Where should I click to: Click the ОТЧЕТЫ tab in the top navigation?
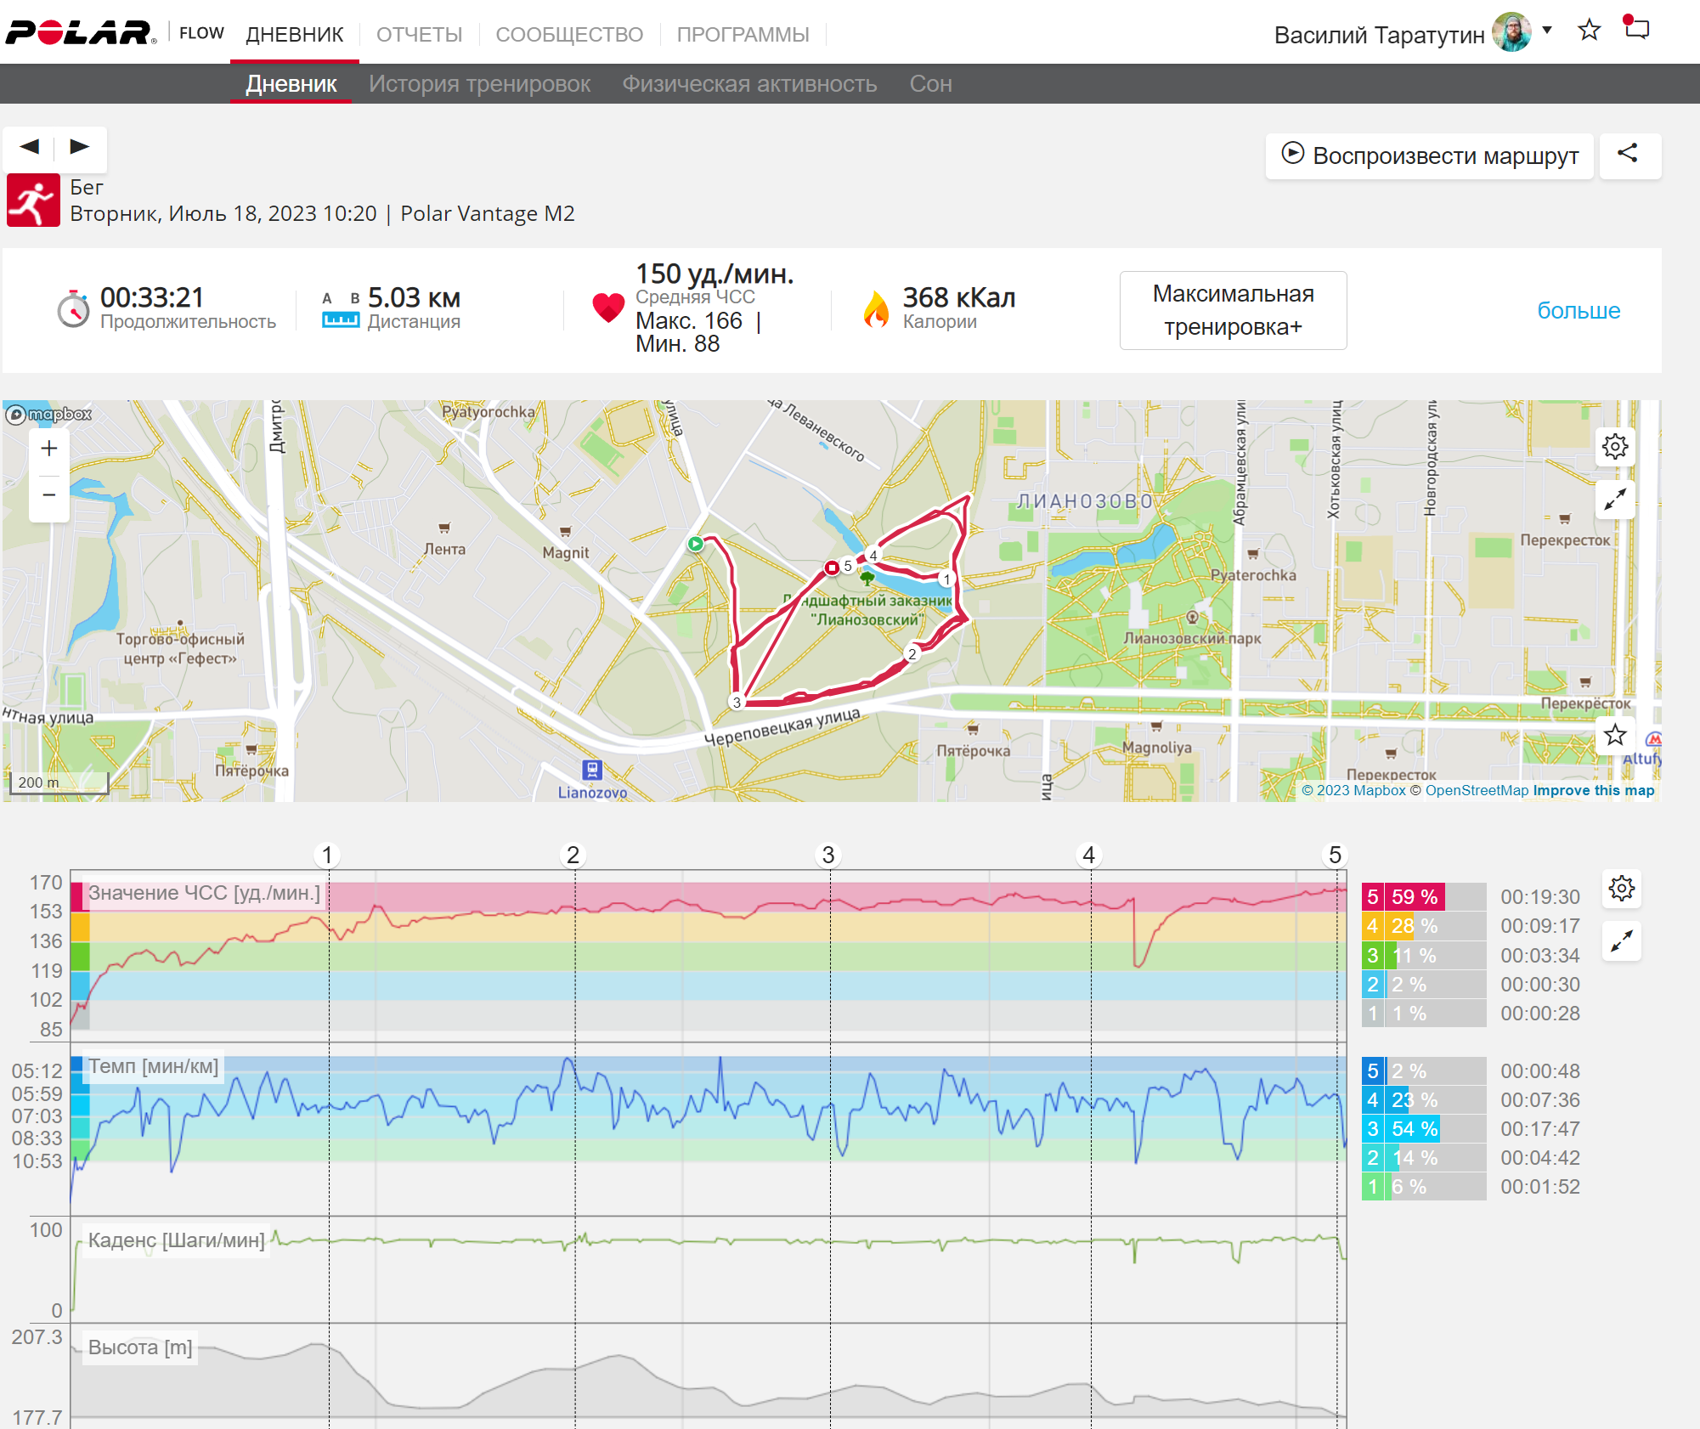tap(419, 35)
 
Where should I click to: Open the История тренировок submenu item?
tap(479, 84)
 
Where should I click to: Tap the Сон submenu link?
tap(930, 84)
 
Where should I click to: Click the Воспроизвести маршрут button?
tap(1429, 155)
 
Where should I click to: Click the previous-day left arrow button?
tap(30, 146)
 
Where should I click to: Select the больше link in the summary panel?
tap(1579, 310)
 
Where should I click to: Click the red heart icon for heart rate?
tap(608, 308)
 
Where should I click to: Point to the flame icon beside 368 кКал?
tap(876, 309)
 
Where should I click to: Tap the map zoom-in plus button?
tap(49, 448)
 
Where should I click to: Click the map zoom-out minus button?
tap(49, 494)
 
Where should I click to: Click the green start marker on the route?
tap(696, 544)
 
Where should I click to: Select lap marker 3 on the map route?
tap(737, 702)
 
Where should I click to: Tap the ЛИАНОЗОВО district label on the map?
tap(1085, 501)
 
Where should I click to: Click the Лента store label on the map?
tap(444, 549)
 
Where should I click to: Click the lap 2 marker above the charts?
tap(573, 855)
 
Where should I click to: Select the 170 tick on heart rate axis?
tap(46, 883)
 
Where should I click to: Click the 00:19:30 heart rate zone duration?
tap(1540, 897)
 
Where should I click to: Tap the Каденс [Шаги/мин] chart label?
tap(177, 1240)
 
